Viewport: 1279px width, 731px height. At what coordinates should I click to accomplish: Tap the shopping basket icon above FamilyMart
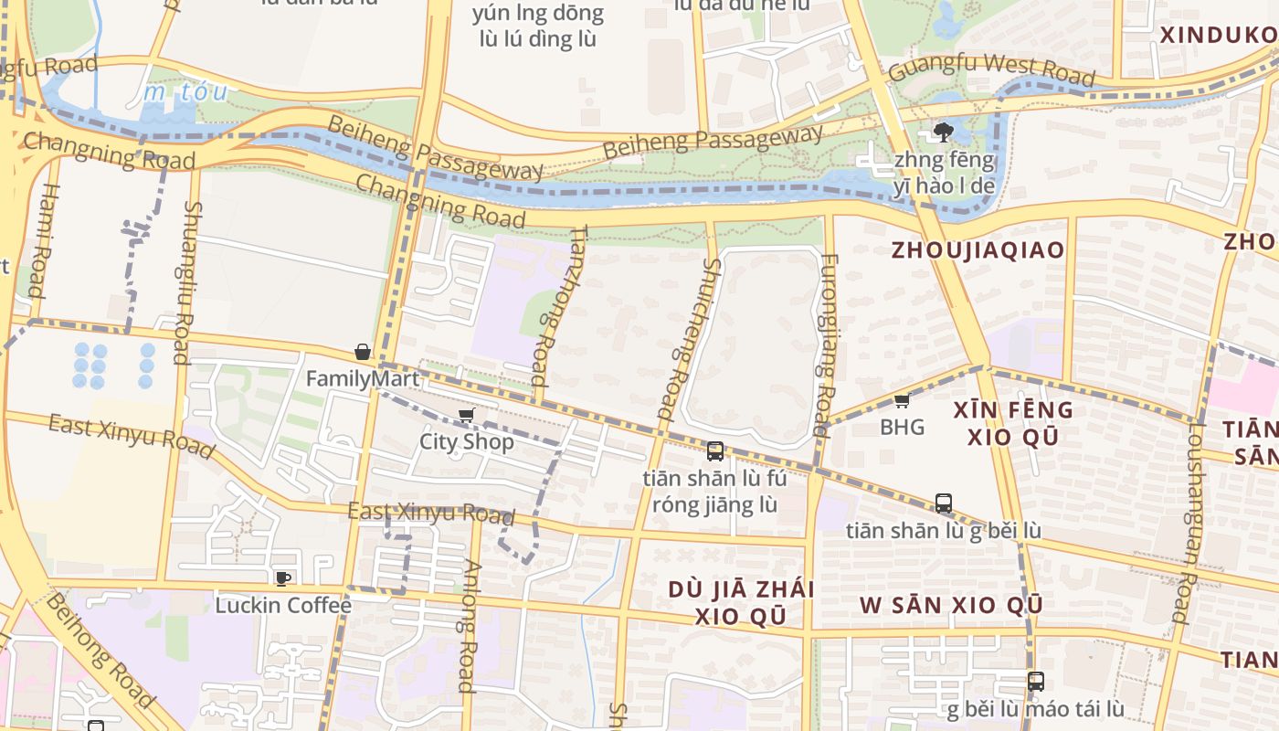pyautogui.click(x=363, y=352)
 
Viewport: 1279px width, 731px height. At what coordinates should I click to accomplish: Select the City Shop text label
pyautogui.click(x=466, y=441)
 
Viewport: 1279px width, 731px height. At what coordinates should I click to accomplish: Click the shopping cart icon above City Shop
pyautogui.click(x=466, y=416)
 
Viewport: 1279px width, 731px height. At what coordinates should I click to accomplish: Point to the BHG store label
pyautogui.click(x=902, y=427)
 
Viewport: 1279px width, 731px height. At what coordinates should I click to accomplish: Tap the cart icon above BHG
pyautogui.click(x=902, y=400)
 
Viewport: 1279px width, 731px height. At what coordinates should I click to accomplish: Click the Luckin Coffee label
pyautogui.click(x=283, y=605)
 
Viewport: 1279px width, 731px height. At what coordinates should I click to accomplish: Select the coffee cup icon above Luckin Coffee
pyautogui.click(x=283, y=577)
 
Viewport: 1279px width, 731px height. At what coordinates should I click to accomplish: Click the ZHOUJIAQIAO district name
pyautogui.click(x=978, y=250)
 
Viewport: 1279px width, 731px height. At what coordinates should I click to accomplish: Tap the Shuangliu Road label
pyautogui.click(x=186, y=282)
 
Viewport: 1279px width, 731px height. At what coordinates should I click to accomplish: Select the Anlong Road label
pyautogui.click(x=468, y=626)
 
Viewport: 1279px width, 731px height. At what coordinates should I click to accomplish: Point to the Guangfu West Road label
pyautogui.click(x=990, y=69)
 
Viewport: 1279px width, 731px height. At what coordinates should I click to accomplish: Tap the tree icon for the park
pyautogui.click(x=943, y=132)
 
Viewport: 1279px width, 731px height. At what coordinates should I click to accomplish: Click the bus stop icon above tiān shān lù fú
pyautogui.click(x=714, y=450)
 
